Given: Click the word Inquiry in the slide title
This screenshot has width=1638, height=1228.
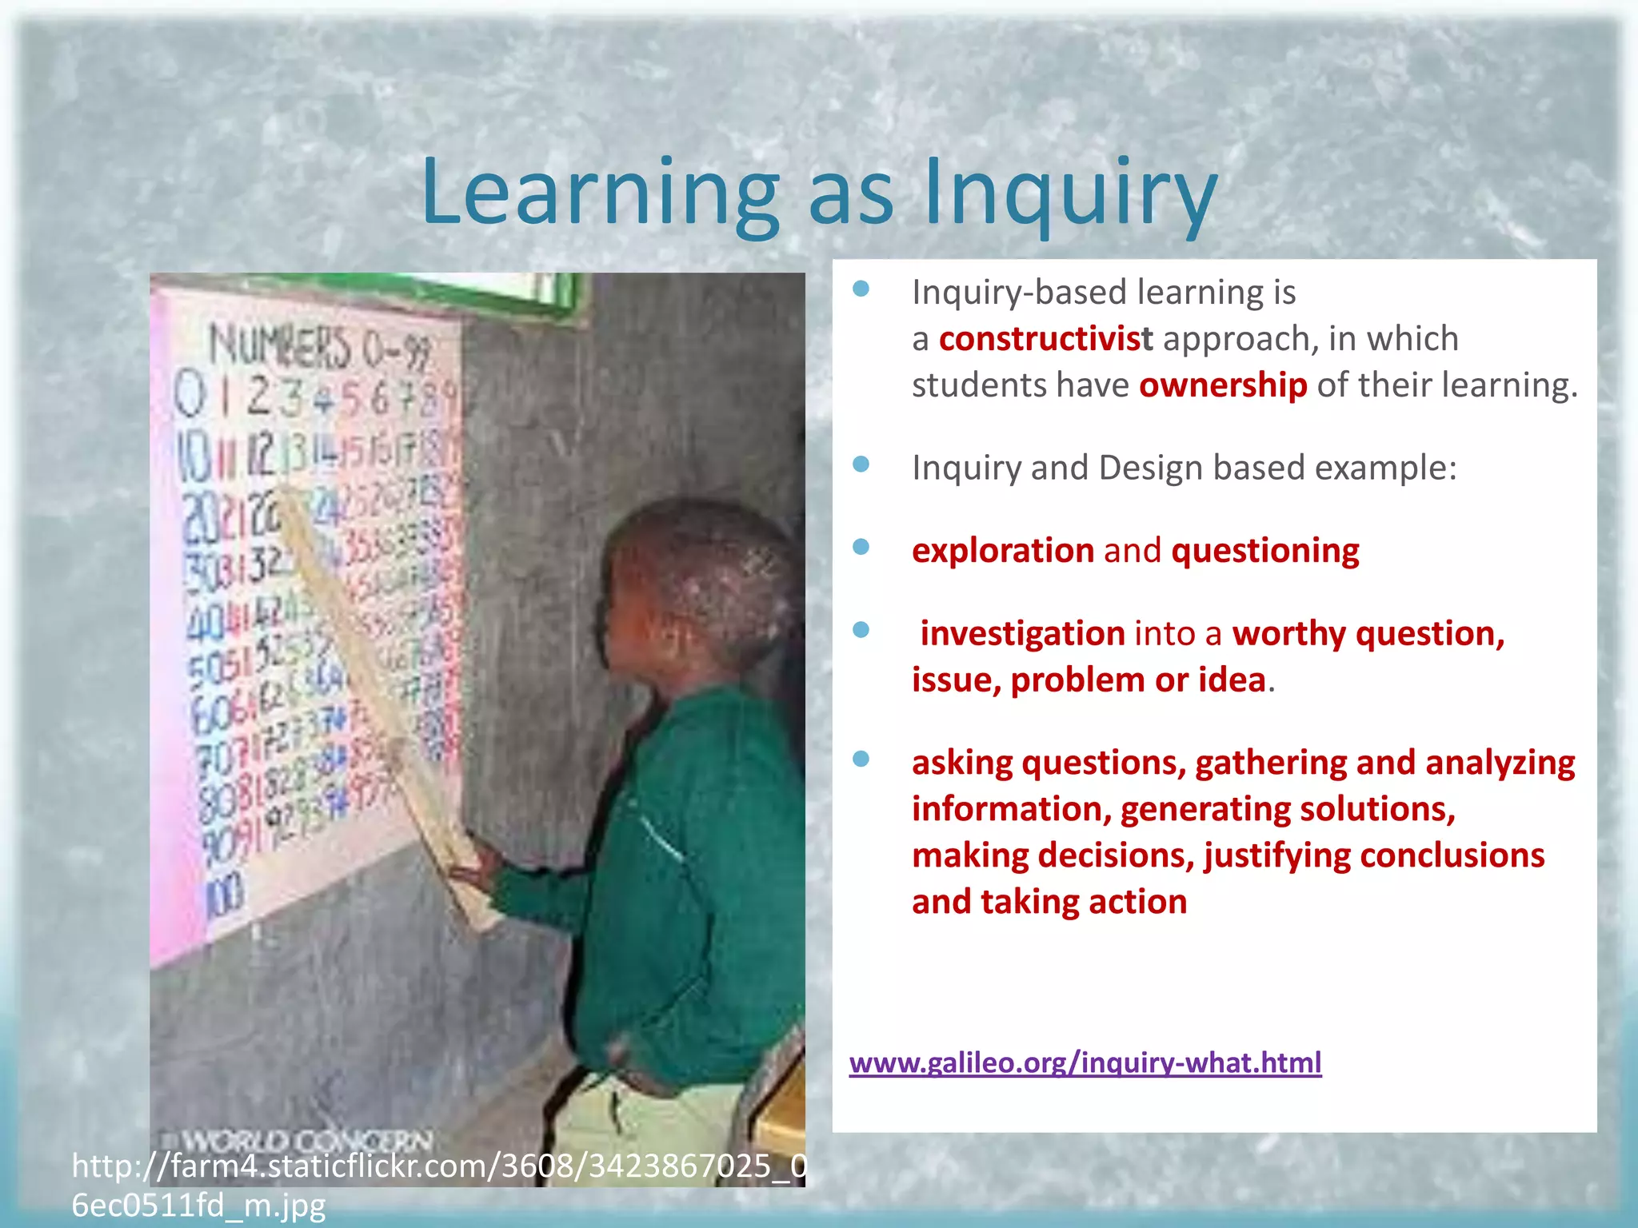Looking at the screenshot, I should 1070,194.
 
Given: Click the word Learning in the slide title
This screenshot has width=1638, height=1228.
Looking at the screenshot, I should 600,194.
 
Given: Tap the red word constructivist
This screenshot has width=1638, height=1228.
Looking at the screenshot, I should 1045,339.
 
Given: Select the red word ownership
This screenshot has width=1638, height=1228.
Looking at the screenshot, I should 1223,385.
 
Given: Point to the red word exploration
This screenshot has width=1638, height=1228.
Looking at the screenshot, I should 1003,551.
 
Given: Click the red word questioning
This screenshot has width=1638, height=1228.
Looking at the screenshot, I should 1264,551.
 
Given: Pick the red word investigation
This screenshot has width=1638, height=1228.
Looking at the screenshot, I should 1022,634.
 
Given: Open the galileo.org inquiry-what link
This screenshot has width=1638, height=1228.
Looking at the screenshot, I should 1085,1063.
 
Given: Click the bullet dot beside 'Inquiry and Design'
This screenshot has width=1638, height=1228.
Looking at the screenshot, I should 861,464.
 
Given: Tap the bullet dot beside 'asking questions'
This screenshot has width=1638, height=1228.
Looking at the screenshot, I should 861,759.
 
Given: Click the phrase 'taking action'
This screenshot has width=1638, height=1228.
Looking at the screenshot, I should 1084,903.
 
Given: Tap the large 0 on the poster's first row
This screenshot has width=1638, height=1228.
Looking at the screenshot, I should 190,396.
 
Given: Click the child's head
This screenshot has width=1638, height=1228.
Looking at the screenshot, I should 696,584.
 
